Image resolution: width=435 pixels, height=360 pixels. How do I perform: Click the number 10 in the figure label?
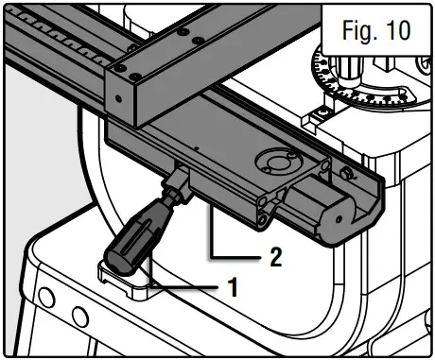399,30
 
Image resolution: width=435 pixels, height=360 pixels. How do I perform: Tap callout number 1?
233,287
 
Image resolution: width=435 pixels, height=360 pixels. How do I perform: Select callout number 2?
276,257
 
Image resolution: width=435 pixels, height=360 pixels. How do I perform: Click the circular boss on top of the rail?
278,162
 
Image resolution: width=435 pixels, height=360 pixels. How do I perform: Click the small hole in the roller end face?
339,218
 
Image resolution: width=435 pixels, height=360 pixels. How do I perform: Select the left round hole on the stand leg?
46,297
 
